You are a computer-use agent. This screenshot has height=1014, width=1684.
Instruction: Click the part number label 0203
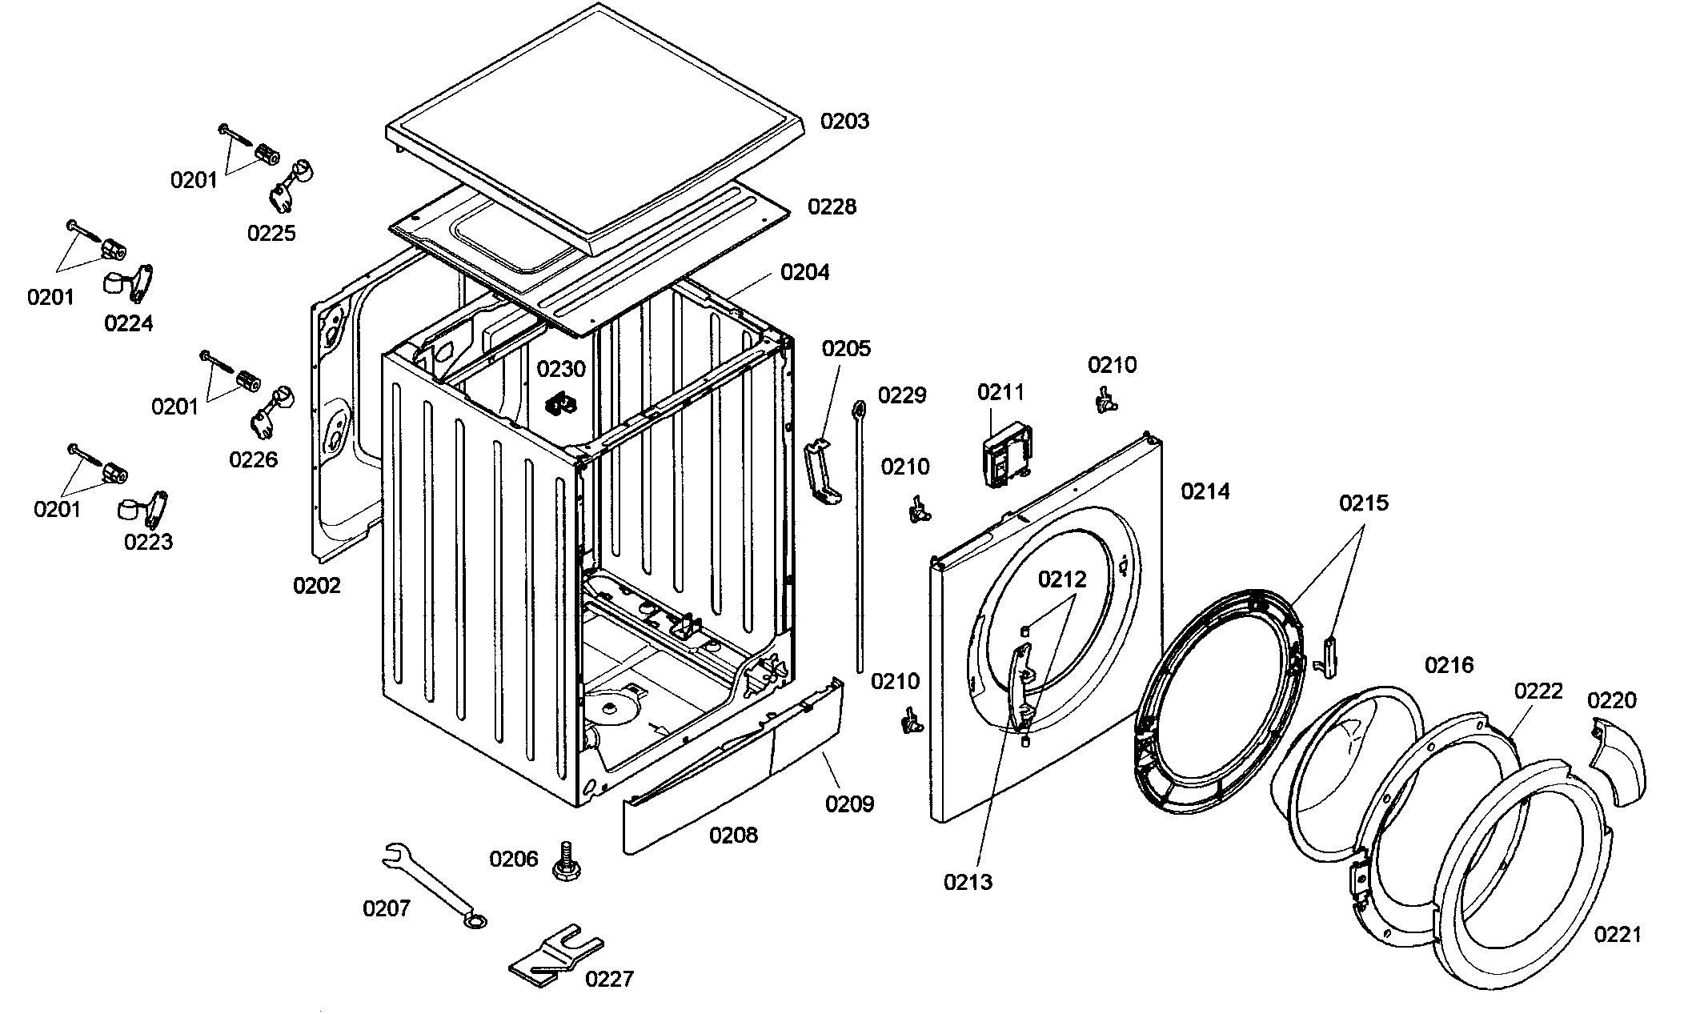tap(844, 122)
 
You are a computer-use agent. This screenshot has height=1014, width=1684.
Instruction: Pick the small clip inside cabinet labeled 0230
tap(561, 403)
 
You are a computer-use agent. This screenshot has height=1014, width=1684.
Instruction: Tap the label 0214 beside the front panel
tap(1205, 491)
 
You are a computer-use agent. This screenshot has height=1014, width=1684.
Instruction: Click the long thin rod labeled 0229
tap(859, 536)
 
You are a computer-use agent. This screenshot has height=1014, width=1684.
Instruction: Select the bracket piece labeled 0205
tap(821, 473)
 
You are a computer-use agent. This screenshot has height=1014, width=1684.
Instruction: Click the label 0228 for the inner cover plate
tap(832, 207)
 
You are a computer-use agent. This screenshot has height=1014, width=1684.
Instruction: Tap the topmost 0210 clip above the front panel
tap(1105, 399)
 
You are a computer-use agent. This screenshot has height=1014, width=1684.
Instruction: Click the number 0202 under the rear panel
tap(316, 586)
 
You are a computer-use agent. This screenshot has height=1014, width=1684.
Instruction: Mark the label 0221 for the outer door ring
tap(1618, 934)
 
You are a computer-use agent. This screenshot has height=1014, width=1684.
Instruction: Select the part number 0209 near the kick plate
tap(849, 804)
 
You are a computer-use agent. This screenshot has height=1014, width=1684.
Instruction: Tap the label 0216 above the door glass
tap(1449, 665)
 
